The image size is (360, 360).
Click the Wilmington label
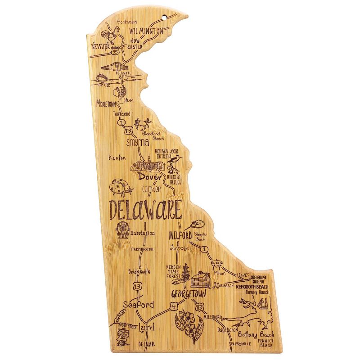pos(146,31)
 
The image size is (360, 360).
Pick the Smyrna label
pos(137,142)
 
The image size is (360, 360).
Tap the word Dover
pos(149,177)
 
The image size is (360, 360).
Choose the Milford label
pos(180,235)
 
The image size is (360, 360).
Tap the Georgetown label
pos(189,294)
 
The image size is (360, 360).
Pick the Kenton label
pos(117,157)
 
